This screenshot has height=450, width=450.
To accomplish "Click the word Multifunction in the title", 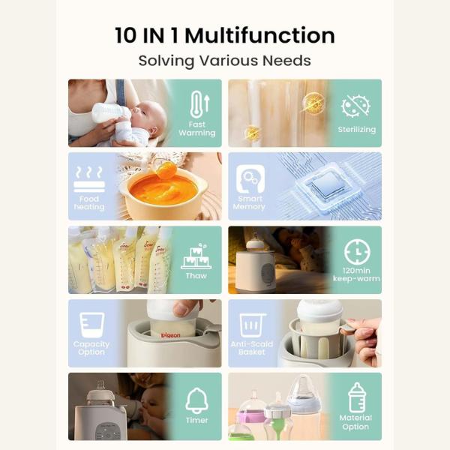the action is [260, 35].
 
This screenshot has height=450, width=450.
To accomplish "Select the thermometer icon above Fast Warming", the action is [199, 104].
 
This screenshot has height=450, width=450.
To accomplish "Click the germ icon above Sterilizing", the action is [355, 106].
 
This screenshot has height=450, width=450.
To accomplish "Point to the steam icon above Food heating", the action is [89, 178].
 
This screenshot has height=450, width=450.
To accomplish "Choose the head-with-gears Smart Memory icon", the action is [250, 178].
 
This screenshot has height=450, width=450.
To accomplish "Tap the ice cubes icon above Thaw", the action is [196, 256].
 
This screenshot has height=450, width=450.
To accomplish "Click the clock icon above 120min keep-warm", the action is [357, 252].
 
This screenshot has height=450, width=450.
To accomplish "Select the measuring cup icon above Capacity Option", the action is [91, 325].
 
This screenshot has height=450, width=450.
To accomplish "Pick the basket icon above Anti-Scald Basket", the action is [253, 325].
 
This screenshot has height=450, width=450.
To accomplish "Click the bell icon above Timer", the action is [196, 400].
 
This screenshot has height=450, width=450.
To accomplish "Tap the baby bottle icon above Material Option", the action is [357, 397].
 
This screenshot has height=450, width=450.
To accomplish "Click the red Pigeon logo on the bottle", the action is [171, 335].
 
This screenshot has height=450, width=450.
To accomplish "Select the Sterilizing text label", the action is [357, 130].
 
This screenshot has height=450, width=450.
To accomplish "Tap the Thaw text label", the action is [196, 276].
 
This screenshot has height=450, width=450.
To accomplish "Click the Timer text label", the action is [196, 420].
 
